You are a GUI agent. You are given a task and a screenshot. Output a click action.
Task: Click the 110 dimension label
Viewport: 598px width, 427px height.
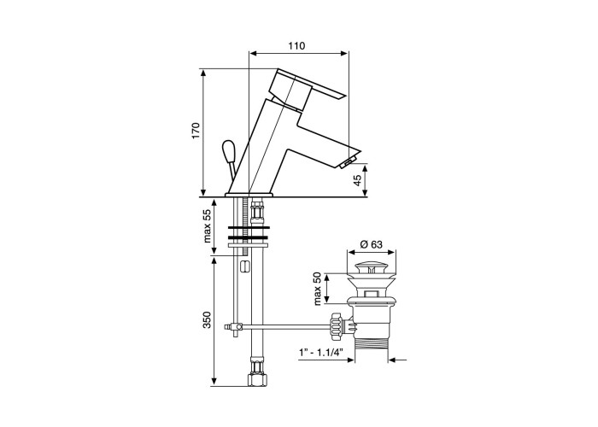pos(296,46)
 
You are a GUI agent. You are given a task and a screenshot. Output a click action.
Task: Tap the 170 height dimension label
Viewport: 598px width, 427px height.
pos(196,131)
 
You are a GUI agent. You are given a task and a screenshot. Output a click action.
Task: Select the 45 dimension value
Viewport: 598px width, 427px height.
pos(357,180)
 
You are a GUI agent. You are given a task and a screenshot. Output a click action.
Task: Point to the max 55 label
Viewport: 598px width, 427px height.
pos(207,226)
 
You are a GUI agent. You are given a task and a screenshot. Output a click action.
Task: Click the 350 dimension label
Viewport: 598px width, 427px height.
pos(207,320)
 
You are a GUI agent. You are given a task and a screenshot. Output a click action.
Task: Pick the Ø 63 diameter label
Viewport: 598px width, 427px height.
pos(371,244)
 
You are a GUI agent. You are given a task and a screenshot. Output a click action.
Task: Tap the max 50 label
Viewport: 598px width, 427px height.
pos(318,289)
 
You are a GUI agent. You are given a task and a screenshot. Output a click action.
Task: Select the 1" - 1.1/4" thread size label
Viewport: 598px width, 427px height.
pos(320,351)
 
